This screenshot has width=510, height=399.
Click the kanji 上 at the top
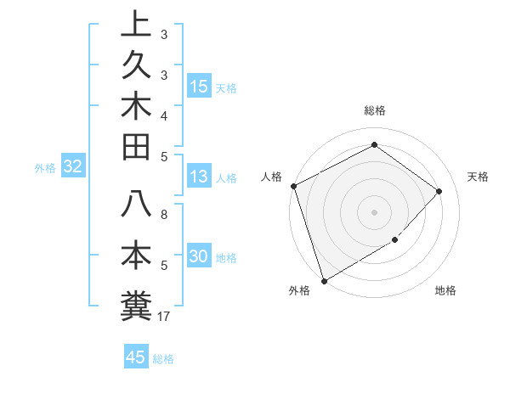(x=136, y=25)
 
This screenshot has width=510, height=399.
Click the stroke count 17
(x=164, y=317)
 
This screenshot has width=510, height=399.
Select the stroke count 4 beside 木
(x=164, y=115)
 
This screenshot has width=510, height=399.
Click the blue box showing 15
(x=199, y=87)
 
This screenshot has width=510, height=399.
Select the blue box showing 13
(x=199, y=177)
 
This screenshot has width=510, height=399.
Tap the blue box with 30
(x=199, y=257)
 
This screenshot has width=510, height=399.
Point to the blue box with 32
(x=72, y=167)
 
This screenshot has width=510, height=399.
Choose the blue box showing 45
(x=136, y=357)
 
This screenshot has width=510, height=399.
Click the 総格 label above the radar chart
(x=374, y=110)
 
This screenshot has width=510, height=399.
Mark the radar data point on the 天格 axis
(x=439, y=191)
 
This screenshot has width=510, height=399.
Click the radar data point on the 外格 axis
(x=324, y=280)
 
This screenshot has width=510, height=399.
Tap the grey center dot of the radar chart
(x=374, y=211)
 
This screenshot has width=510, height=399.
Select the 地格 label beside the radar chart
(x=445, y=291)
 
